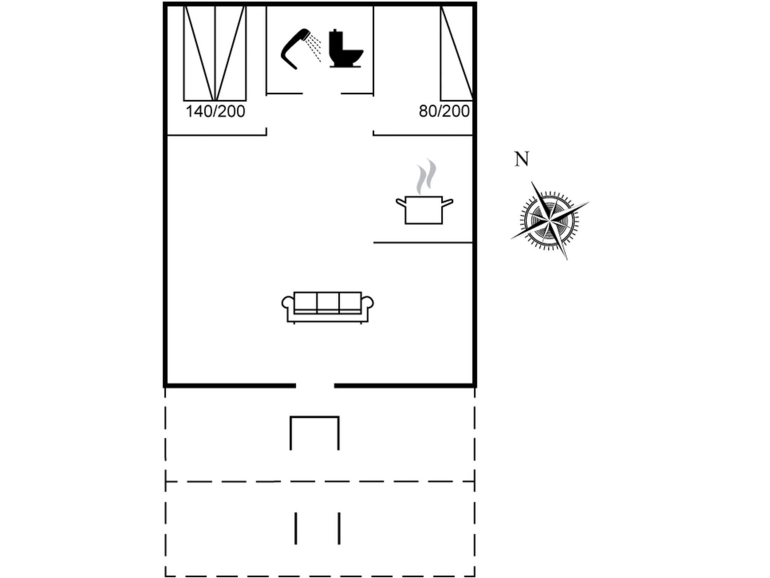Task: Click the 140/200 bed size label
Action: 215,111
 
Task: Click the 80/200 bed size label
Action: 444,111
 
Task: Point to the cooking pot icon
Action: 424,210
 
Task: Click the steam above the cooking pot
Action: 426,177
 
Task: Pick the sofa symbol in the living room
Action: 327,307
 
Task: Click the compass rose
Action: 550,221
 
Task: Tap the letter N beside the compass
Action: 521,159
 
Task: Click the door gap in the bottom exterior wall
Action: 315,386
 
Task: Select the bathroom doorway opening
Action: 322,93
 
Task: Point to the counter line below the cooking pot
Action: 423,243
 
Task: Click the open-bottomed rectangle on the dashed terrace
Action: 314,433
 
